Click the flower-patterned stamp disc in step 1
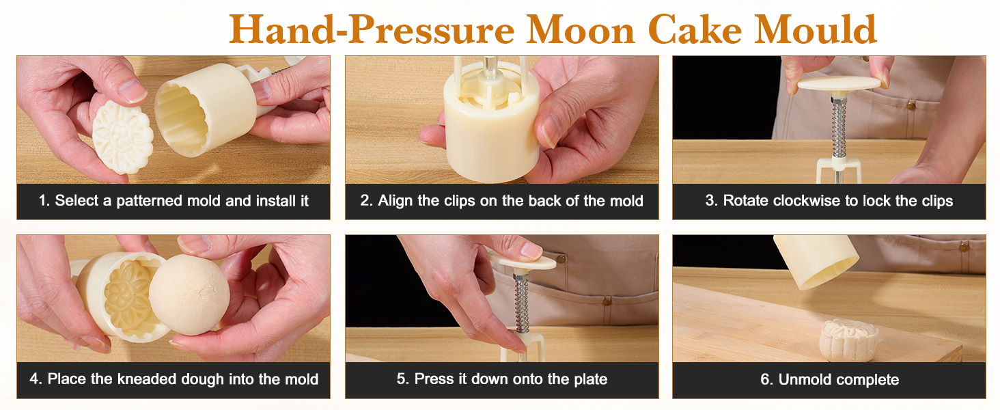(x=122, y=137)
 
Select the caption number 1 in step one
(x=43, y=201)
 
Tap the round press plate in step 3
(x=839, y=84)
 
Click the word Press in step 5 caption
(x=432, y=379)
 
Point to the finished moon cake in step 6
(x=848, y=337)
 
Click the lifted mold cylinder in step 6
(x=816, y=260)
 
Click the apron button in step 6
(x=964, y=246)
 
